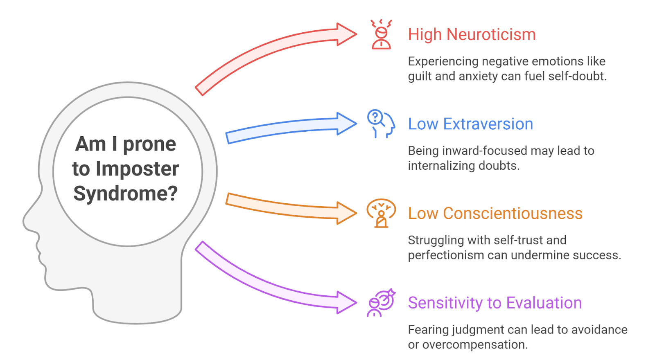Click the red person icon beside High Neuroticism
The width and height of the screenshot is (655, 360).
tap(381, 35)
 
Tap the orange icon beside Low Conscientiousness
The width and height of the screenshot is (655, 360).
tap(381, 213)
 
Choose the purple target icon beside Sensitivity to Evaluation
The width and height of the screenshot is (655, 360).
tap(381, 303)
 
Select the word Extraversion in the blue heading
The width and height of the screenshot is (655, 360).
tap(488, 124)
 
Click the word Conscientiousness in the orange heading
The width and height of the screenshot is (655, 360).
tap(513, 214)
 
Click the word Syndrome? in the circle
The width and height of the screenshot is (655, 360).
tap(126, 193)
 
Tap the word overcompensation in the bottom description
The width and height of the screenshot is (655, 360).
tap(474, 345)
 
